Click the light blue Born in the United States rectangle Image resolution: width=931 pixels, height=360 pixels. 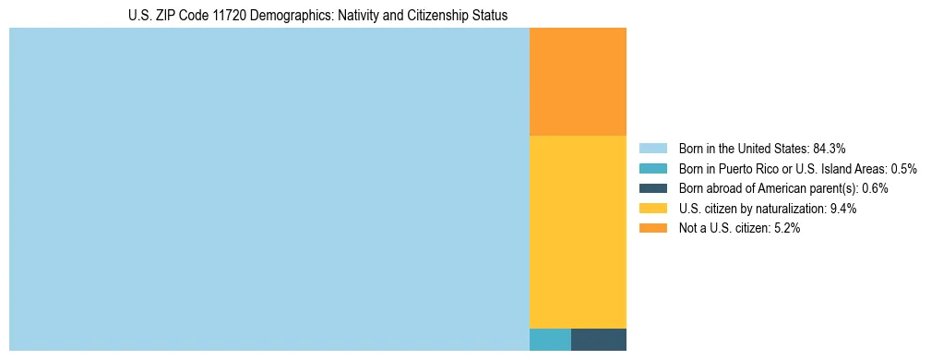(x=269, y=189)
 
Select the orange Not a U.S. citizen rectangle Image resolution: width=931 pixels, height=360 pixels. (x=578, y=82)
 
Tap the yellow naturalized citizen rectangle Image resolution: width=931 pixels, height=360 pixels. (x=578, y=232)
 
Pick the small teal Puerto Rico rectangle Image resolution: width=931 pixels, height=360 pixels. (x=550, y=340)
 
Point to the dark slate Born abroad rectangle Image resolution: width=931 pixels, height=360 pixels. (x=599, y=340)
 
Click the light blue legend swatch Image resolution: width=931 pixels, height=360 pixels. (x=652, y=149)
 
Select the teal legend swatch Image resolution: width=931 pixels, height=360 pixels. (x=652, y=169)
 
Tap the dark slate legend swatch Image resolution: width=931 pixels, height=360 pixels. (x=652, y=188)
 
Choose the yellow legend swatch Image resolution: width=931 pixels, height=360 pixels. (x=652, y=209)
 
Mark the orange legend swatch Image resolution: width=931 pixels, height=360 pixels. (x=652, y=228)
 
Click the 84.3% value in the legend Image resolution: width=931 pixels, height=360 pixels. (x=830, y=149)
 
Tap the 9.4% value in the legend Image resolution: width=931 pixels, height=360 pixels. (x=843, y=209)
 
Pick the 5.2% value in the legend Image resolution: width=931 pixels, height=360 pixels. (x=786, y=228)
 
